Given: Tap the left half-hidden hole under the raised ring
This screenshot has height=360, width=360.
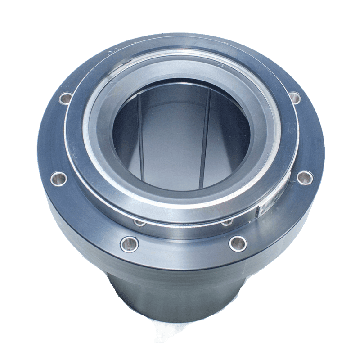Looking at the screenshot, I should point(140,222).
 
